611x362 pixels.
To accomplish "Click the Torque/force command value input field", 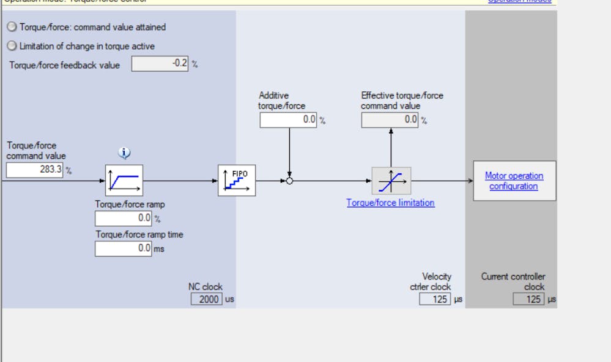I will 35,170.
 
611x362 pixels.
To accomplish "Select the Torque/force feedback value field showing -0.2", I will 160,63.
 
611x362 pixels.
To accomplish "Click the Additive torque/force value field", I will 288,120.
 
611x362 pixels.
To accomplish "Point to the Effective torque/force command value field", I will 390,120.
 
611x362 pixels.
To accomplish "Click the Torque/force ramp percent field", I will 123,218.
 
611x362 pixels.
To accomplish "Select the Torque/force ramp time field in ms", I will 123,248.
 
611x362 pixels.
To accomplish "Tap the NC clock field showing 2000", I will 207,300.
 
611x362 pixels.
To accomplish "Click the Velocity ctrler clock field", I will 434,300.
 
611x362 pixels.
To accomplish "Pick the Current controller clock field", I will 528,300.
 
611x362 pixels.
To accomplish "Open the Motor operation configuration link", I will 514,181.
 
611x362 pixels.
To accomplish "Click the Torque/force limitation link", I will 390,203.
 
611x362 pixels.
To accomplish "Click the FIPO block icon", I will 236,180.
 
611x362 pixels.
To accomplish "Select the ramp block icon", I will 124,180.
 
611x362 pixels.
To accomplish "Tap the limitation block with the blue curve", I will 391,181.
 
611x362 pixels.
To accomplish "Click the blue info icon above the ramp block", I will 124,153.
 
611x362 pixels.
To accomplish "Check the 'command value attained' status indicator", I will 12,27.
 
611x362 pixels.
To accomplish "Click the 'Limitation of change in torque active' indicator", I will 12,46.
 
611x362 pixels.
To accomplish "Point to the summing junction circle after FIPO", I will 289,181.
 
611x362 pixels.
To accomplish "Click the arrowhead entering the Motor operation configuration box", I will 470,181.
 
